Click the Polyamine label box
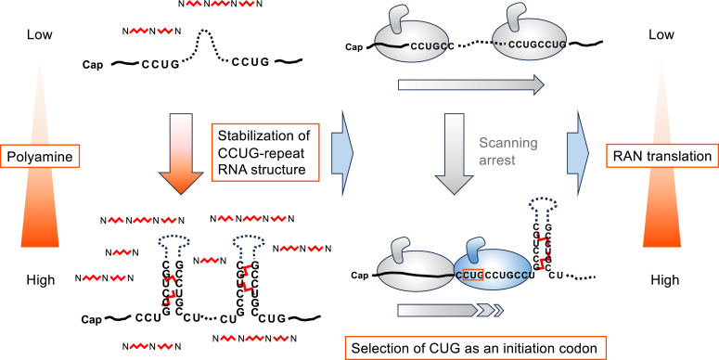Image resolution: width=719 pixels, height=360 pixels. [40, 157]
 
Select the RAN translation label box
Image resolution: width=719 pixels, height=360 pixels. [662, 157]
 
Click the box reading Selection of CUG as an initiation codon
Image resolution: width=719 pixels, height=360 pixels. [476, 348]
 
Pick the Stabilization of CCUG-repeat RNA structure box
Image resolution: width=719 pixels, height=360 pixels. [265, 152]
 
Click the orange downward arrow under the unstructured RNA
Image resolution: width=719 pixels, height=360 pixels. [181, 154]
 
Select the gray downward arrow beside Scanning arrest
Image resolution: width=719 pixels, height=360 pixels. [454, 154]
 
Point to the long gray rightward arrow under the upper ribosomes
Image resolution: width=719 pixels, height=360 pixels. [471, 84]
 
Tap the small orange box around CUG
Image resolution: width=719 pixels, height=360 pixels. [473, 276]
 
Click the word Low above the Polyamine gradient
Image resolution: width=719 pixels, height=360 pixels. [40, 35]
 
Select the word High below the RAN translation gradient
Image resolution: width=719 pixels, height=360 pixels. [665, 280]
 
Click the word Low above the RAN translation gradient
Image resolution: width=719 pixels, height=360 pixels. [661, 35]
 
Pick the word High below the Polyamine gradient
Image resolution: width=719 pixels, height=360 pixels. [41, 280]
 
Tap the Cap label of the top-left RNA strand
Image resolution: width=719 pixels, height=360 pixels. [93, 65]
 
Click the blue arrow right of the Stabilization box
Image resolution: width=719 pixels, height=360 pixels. [342, 153]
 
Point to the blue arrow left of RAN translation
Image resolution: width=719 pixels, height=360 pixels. [578, 153]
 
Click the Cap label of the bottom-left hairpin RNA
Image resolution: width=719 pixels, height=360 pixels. [92, 320]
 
